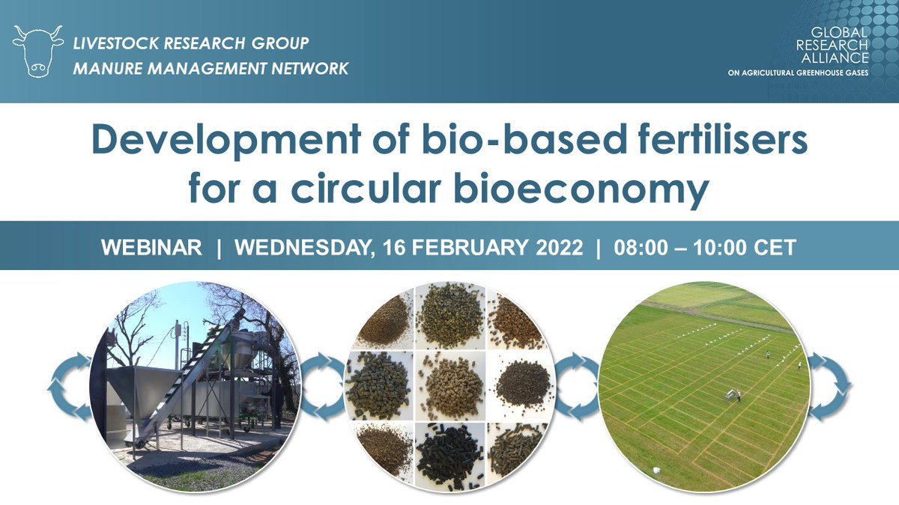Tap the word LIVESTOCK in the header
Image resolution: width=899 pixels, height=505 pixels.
coord(116,43)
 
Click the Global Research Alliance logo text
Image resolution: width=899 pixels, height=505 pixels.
coord(832,45)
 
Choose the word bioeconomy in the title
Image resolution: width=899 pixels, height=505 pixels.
coord(581,189)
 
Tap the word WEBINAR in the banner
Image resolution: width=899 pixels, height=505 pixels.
coord(151,247)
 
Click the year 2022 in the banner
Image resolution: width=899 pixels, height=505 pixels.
coord(560,247)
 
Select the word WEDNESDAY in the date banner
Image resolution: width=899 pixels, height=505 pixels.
coord(302,248)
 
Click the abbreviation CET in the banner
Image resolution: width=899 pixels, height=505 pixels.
coord(775,247)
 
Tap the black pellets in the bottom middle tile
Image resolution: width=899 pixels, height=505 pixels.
coord(449,456)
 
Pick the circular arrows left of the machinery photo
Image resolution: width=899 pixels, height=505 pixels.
coord(70,388)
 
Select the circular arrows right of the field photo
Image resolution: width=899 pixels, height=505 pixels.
coord(829,386)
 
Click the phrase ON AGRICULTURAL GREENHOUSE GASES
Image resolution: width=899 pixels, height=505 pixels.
coord(798,73)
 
